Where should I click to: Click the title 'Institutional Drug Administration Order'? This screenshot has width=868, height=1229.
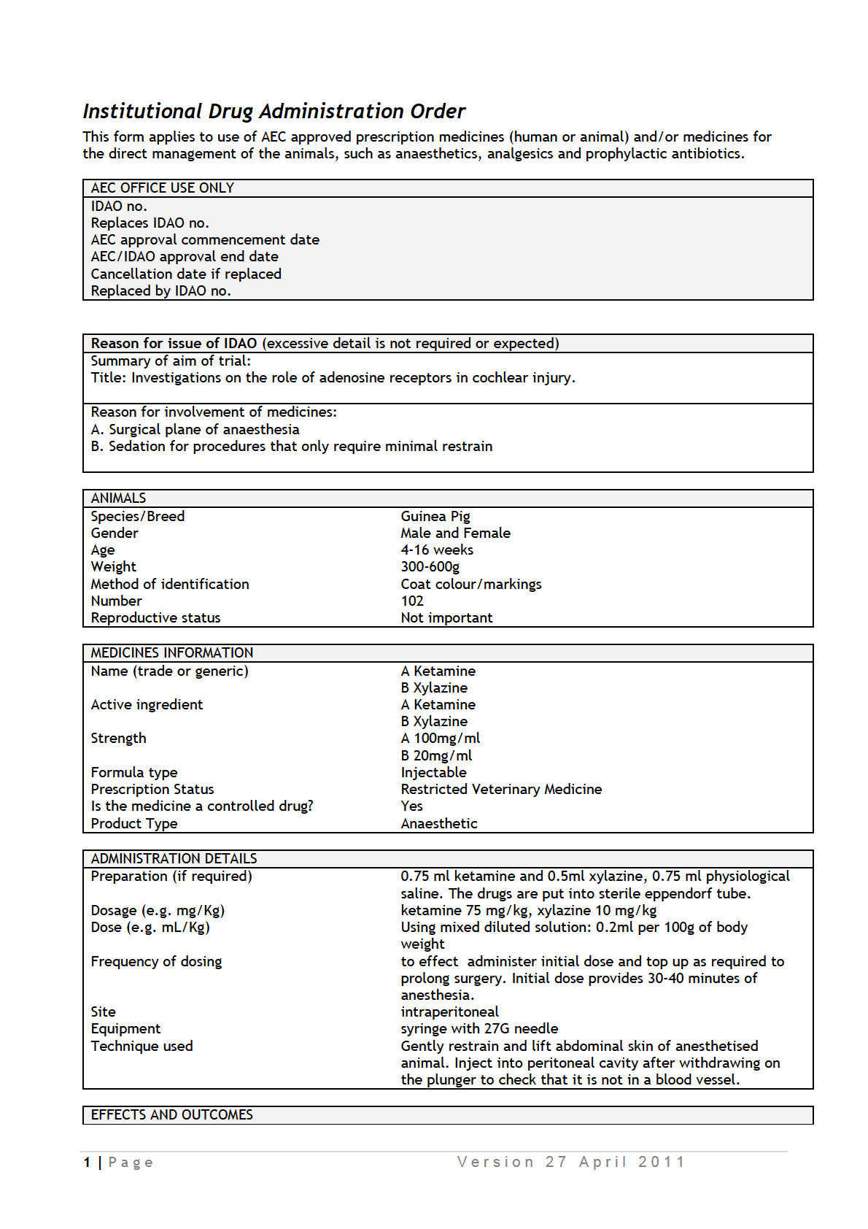274,111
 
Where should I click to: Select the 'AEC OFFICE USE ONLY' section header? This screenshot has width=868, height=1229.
162,188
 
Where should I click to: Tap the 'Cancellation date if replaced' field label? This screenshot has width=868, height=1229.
186,274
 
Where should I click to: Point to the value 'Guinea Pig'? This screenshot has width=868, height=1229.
435,516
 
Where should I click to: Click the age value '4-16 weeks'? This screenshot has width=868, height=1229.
436,550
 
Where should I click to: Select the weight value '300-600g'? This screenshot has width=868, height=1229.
430,566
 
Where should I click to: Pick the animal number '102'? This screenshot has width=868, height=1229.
412,601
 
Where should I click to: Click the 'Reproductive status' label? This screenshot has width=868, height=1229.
155,617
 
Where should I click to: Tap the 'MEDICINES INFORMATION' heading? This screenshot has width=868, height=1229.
171,652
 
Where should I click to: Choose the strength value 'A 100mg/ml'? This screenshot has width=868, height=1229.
440,738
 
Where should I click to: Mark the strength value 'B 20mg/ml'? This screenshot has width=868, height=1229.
436,755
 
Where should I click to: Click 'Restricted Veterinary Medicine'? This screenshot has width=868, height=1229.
501,789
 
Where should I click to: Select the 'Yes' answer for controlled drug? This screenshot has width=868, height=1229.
411,806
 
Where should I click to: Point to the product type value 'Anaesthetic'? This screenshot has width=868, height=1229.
438,823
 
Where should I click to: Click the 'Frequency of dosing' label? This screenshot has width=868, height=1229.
156,961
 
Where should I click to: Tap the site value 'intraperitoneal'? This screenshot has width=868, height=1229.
449,1012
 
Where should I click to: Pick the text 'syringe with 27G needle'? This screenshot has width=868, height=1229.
479,1028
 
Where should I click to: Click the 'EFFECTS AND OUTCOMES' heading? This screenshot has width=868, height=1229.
171,1114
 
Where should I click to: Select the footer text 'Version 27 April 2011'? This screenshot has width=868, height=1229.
570,1162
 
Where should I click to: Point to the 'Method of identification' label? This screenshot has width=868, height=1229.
170,584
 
